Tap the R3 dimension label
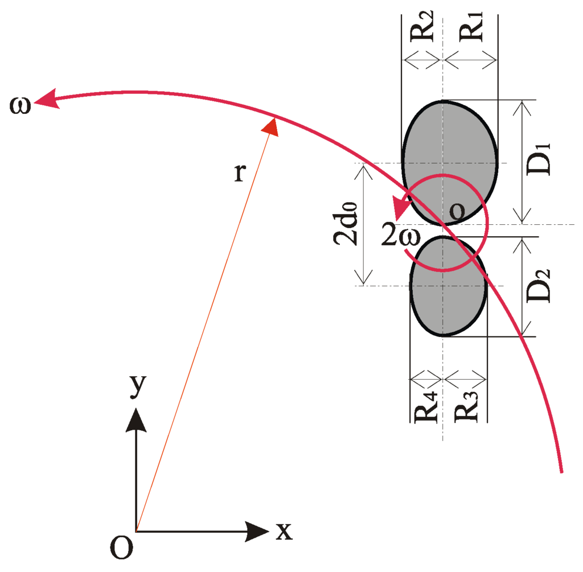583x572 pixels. coord(465,405)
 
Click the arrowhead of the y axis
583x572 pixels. coord(136,418)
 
